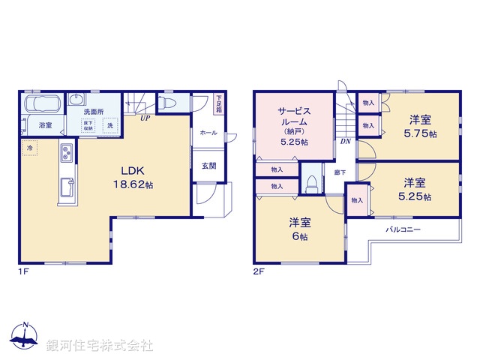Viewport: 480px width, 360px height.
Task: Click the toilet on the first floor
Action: tap(167, 103)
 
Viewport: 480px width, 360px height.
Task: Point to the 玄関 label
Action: tap(208, 166)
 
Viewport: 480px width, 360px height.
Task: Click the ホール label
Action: tap(208, 133)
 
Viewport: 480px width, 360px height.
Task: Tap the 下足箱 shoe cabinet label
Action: tap(219, 103)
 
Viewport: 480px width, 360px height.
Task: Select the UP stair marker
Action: tap(142, 118)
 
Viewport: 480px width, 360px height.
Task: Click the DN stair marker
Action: tap(346, 141)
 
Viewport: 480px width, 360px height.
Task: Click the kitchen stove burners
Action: tap(65, 154)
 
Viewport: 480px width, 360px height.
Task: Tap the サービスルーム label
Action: tap(295, 125)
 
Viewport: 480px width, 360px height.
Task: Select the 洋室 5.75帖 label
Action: tap(420, 125)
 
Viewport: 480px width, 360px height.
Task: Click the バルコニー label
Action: tap(403, 229)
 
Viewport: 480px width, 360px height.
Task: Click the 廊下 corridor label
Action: tap(339, 172)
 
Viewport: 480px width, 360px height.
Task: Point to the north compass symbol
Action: tap(25, 337)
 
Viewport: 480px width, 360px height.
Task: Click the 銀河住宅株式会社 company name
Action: tap(99, 345)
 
